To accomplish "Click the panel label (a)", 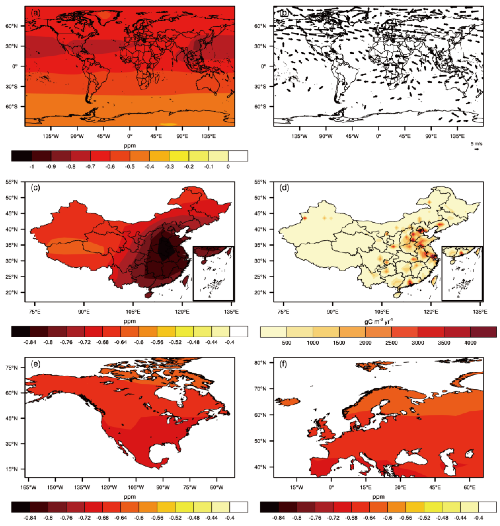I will (35, 13).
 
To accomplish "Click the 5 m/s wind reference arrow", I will (476, 149).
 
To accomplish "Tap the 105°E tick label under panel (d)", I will (382, 312).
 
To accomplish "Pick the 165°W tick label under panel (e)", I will (28, 487).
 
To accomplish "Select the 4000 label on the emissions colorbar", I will (470, 343).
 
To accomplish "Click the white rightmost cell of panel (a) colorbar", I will (238, 156).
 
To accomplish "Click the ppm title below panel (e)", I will (129, 497).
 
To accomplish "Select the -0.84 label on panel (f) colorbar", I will (278, 518).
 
